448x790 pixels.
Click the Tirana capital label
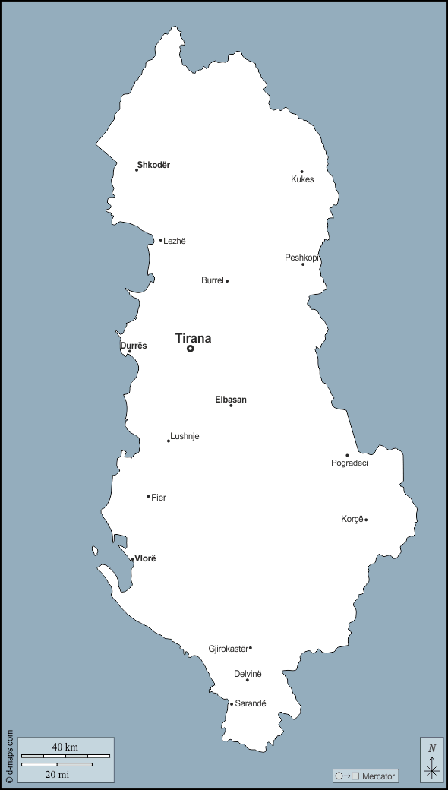pos(193,339)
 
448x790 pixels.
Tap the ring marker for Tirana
pos(191,349)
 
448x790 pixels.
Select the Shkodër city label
pos(153,165)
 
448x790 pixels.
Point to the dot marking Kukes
pos(301,172)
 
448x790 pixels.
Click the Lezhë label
pos(175,242)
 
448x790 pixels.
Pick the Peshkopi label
pos(301,258)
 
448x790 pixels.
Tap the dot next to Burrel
pos(227,281)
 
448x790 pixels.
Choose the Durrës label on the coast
pos(134,346)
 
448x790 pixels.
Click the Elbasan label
pos(231,400)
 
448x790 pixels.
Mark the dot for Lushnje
pos(169,441)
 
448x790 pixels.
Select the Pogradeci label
pos(349,463)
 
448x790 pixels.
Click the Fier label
pos(159,498)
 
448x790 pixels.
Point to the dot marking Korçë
pos(366,520)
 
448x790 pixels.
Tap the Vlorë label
pos(145,558)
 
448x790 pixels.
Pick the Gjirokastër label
pos(228,649)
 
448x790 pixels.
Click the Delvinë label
pos(248,674)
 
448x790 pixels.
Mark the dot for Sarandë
pos(232,704)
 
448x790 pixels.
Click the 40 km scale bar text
pos(65,747)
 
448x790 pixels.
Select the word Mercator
pos(379,776)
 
